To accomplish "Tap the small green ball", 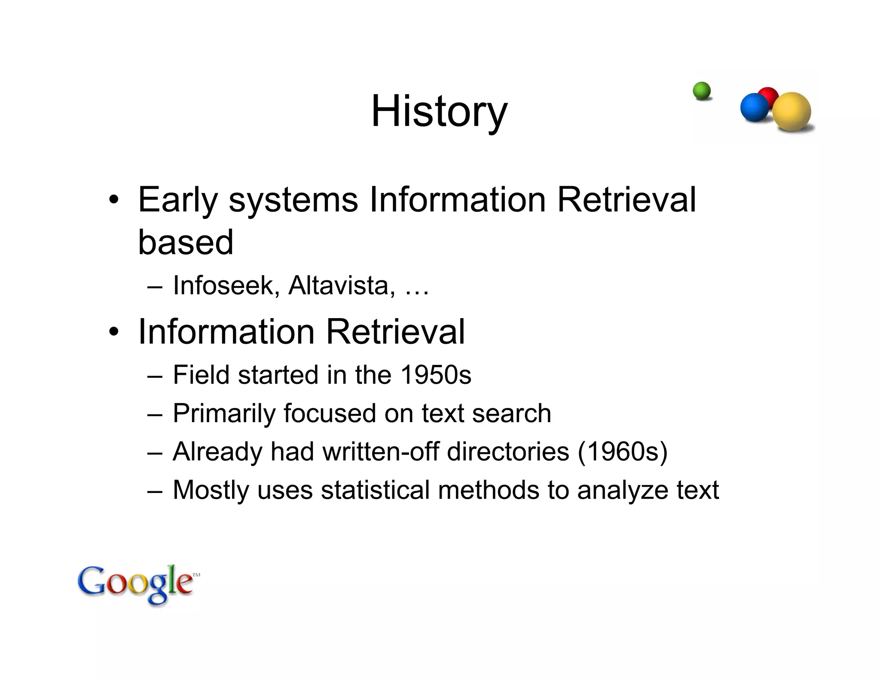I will [x=702, y=91].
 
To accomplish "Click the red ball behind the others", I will [x=769, y=95].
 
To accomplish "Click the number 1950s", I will [x=436, y=374].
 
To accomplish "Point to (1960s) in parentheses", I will [x=622, y=451].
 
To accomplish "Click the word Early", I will [x=178, y=200].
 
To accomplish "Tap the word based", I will [x=186, y=242].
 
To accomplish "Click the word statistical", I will [x=375, y=490].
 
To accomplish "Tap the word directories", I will [x=508, y=451].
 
